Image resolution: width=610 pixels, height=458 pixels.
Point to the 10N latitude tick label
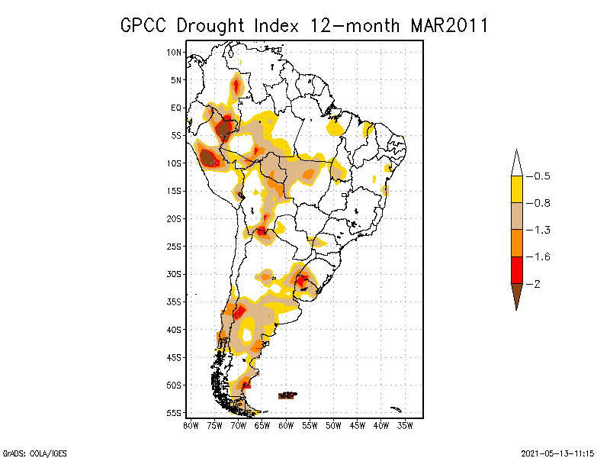click(175, 52)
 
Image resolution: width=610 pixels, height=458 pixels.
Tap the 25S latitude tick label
click(175, 246)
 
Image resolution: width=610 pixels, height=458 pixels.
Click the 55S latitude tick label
click(175, 413)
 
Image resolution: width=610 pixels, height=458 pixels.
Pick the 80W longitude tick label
click(191, 425)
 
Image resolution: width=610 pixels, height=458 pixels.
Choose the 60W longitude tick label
click(286, 425)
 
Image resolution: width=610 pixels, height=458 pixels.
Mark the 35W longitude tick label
click(406, 425)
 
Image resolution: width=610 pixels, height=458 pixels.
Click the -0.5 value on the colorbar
click(541, 176)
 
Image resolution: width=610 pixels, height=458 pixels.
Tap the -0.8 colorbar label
click(541, 203)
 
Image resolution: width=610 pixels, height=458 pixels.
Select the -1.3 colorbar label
click(541, 230)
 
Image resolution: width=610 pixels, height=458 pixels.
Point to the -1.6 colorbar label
click(541, 256)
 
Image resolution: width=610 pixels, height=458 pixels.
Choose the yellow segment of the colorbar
click(516, 189)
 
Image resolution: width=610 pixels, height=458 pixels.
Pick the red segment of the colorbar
click(516, 269)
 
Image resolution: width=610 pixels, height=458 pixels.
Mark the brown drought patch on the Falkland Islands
click(287, 395)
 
